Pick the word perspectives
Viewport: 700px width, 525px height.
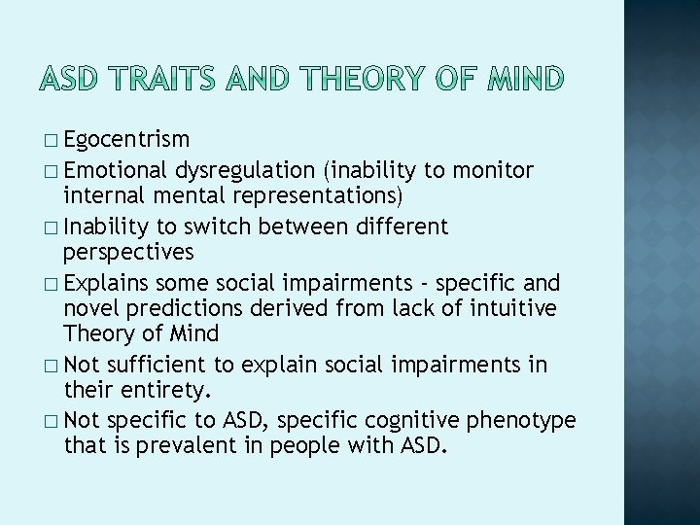[128, 254]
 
